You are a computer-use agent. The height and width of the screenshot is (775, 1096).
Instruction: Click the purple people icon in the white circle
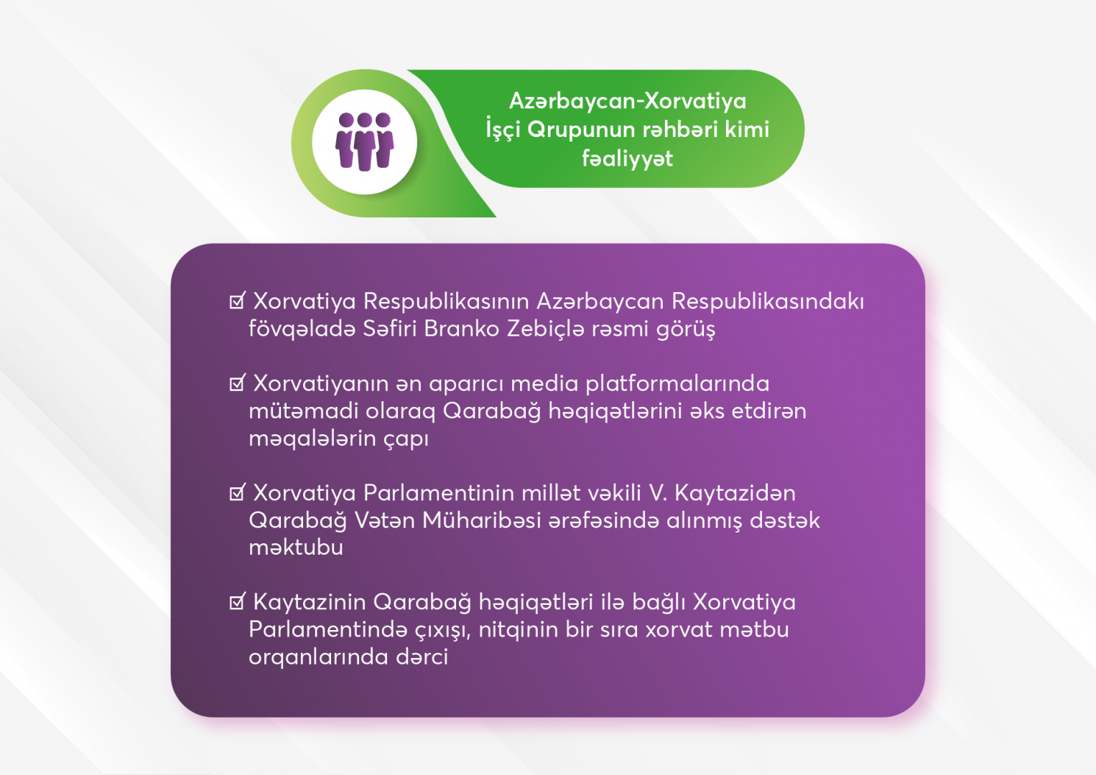click(x=365, y=142)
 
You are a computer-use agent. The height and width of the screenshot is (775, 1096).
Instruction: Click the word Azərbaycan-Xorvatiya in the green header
click(x=628, y=101)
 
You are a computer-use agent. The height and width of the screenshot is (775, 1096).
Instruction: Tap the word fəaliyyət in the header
click(x=627, y=159)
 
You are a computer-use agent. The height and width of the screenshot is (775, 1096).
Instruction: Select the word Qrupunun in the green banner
click(x=581, y=130)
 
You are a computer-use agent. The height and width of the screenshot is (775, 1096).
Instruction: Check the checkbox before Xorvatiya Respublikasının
click(x=237, y=301)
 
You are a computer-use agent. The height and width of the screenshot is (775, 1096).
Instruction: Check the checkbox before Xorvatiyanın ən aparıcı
click(x=237, y=383)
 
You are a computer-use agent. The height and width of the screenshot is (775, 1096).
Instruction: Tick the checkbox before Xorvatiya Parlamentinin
click(x=237, y=492)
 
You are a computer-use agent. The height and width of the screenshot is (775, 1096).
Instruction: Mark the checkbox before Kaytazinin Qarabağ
click(x=237, y=601)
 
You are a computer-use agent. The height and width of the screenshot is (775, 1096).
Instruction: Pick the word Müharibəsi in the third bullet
click(x=481, y=520)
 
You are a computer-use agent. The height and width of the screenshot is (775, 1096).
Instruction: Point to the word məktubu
click(x=296, y=548)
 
